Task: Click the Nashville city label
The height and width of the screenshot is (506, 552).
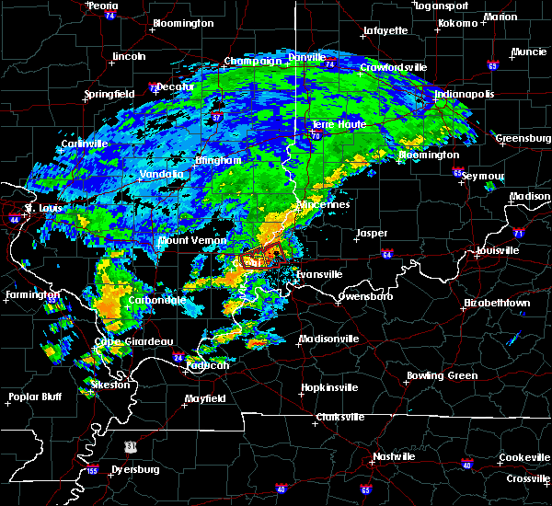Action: point(394,456)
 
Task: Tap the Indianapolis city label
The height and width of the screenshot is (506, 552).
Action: point(465,95)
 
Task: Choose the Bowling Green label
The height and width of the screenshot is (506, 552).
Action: point(443,375)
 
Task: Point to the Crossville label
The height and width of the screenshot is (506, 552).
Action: point(527,479)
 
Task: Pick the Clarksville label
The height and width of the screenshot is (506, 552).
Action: point(340,417)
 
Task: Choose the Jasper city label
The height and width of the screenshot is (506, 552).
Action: point(372,234)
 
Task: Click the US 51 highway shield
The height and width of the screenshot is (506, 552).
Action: point(131,446)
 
